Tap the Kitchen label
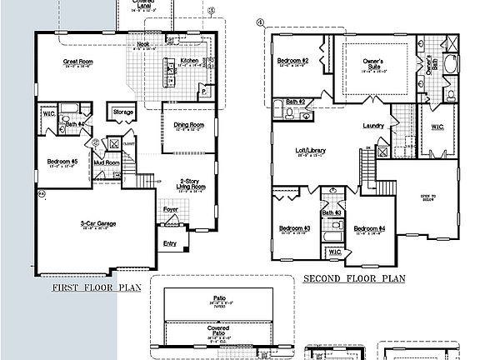187,60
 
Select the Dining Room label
187,125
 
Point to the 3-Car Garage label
97,223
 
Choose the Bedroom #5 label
63,161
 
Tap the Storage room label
123,111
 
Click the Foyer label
171,209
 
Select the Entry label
170,243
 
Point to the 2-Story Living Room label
192,184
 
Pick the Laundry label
372,126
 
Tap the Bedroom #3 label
294,228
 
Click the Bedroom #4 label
369,228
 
